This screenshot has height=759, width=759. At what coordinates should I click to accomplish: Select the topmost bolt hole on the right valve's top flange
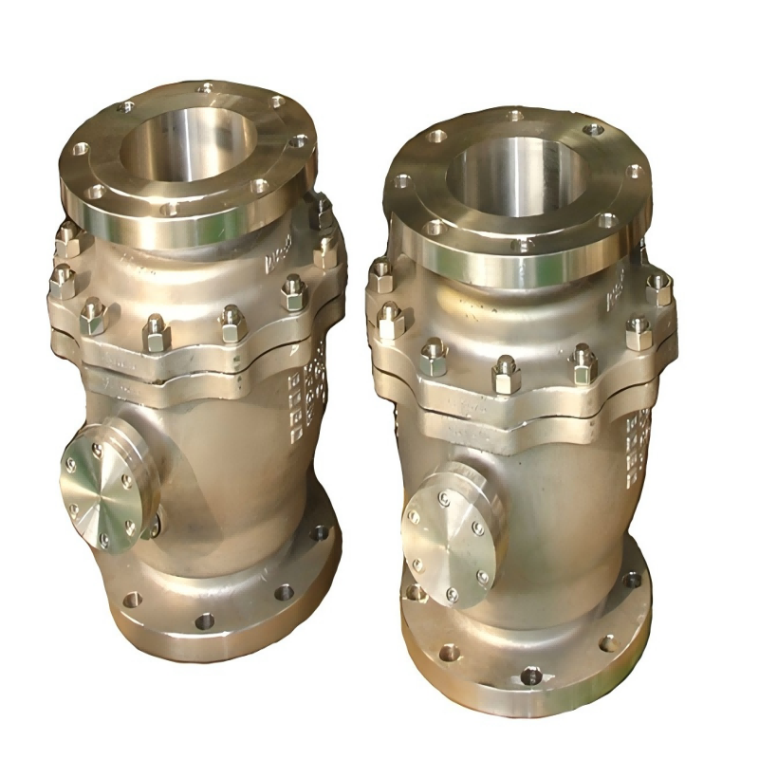(x=515, y=116)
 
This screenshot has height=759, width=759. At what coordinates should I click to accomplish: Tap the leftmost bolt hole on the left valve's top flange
(x=82, y=149)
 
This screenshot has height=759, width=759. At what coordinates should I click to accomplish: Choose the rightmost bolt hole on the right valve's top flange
(x=633, y=172)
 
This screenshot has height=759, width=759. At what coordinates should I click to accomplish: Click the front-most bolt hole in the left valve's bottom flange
(x=203, y=621)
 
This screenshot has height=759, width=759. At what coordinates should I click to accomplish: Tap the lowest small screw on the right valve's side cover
(x=452, y=595)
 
